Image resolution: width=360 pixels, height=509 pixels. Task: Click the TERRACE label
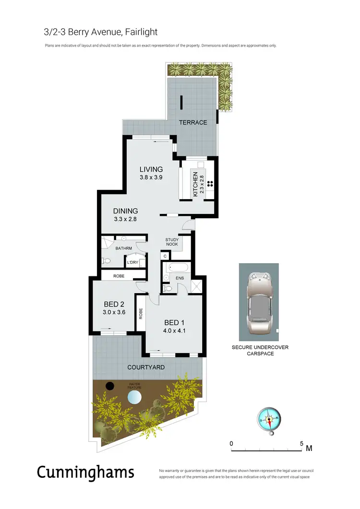[x=193, y=122]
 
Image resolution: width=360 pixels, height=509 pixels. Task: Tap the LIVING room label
[x=151, y=169]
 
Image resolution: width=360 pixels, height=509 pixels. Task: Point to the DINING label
[x=125, y=211]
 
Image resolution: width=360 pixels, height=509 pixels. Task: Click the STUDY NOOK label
[x=172, y=242]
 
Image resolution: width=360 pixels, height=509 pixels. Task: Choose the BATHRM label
[x=123, y=248]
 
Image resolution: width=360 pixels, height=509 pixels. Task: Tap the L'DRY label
[x=132, y=262]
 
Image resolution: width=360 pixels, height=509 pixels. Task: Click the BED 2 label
[x=114, y=304]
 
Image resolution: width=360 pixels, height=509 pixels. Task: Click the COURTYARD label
[x=146, y=367]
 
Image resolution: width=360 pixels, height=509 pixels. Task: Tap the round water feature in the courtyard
[x=135, y=397]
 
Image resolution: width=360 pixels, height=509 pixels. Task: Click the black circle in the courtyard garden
[x=110, y=386]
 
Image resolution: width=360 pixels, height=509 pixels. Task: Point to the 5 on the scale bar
[x=301, y=443]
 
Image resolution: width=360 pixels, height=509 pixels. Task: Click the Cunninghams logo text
[x=85, y=472]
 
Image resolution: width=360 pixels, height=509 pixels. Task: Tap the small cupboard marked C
[x=165, y=257]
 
